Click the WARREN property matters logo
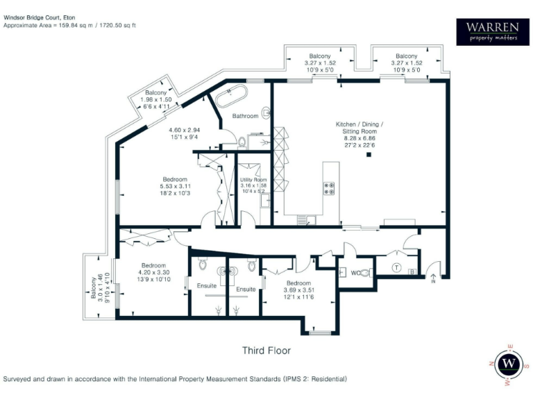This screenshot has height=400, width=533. pyautogui.click(x=492, y=31)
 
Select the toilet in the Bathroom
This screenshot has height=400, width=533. pyautogui.click(x=242, y=142)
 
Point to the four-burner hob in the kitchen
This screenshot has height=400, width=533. pyautogui.click(x=328, y=188)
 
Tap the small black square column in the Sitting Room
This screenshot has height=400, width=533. pyautogui.click(x=369, y=155)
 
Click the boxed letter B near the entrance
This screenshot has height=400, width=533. pyautogui.click(x=412, y=272)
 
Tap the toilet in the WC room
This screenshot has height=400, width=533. pyautogui.click(x=366, y=274)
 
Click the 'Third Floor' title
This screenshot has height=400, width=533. pyautogui.click(x=266, y=351)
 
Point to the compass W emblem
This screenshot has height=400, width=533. pyautogui.click(x=511, y=363)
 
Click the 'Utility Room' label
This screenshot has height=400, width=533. pyautogui.click(x=253, y=180)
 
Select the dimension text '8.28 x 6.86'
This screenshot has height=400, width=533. pyautogui.click(x=359, y=138)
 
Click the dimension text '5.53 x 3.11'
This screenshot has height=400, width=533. pyautogui.click(x=175, y=187)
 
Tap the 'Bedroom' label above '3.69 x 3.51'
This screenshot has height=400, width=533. pyautogui.click(x=298, y=283)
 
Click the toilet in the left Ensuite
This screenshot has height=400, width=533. pyautogui.click(x=202, y=265)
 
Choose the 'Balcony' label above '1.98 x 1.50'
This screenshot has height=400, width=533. pyautogui.click(x=155, y=93)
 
